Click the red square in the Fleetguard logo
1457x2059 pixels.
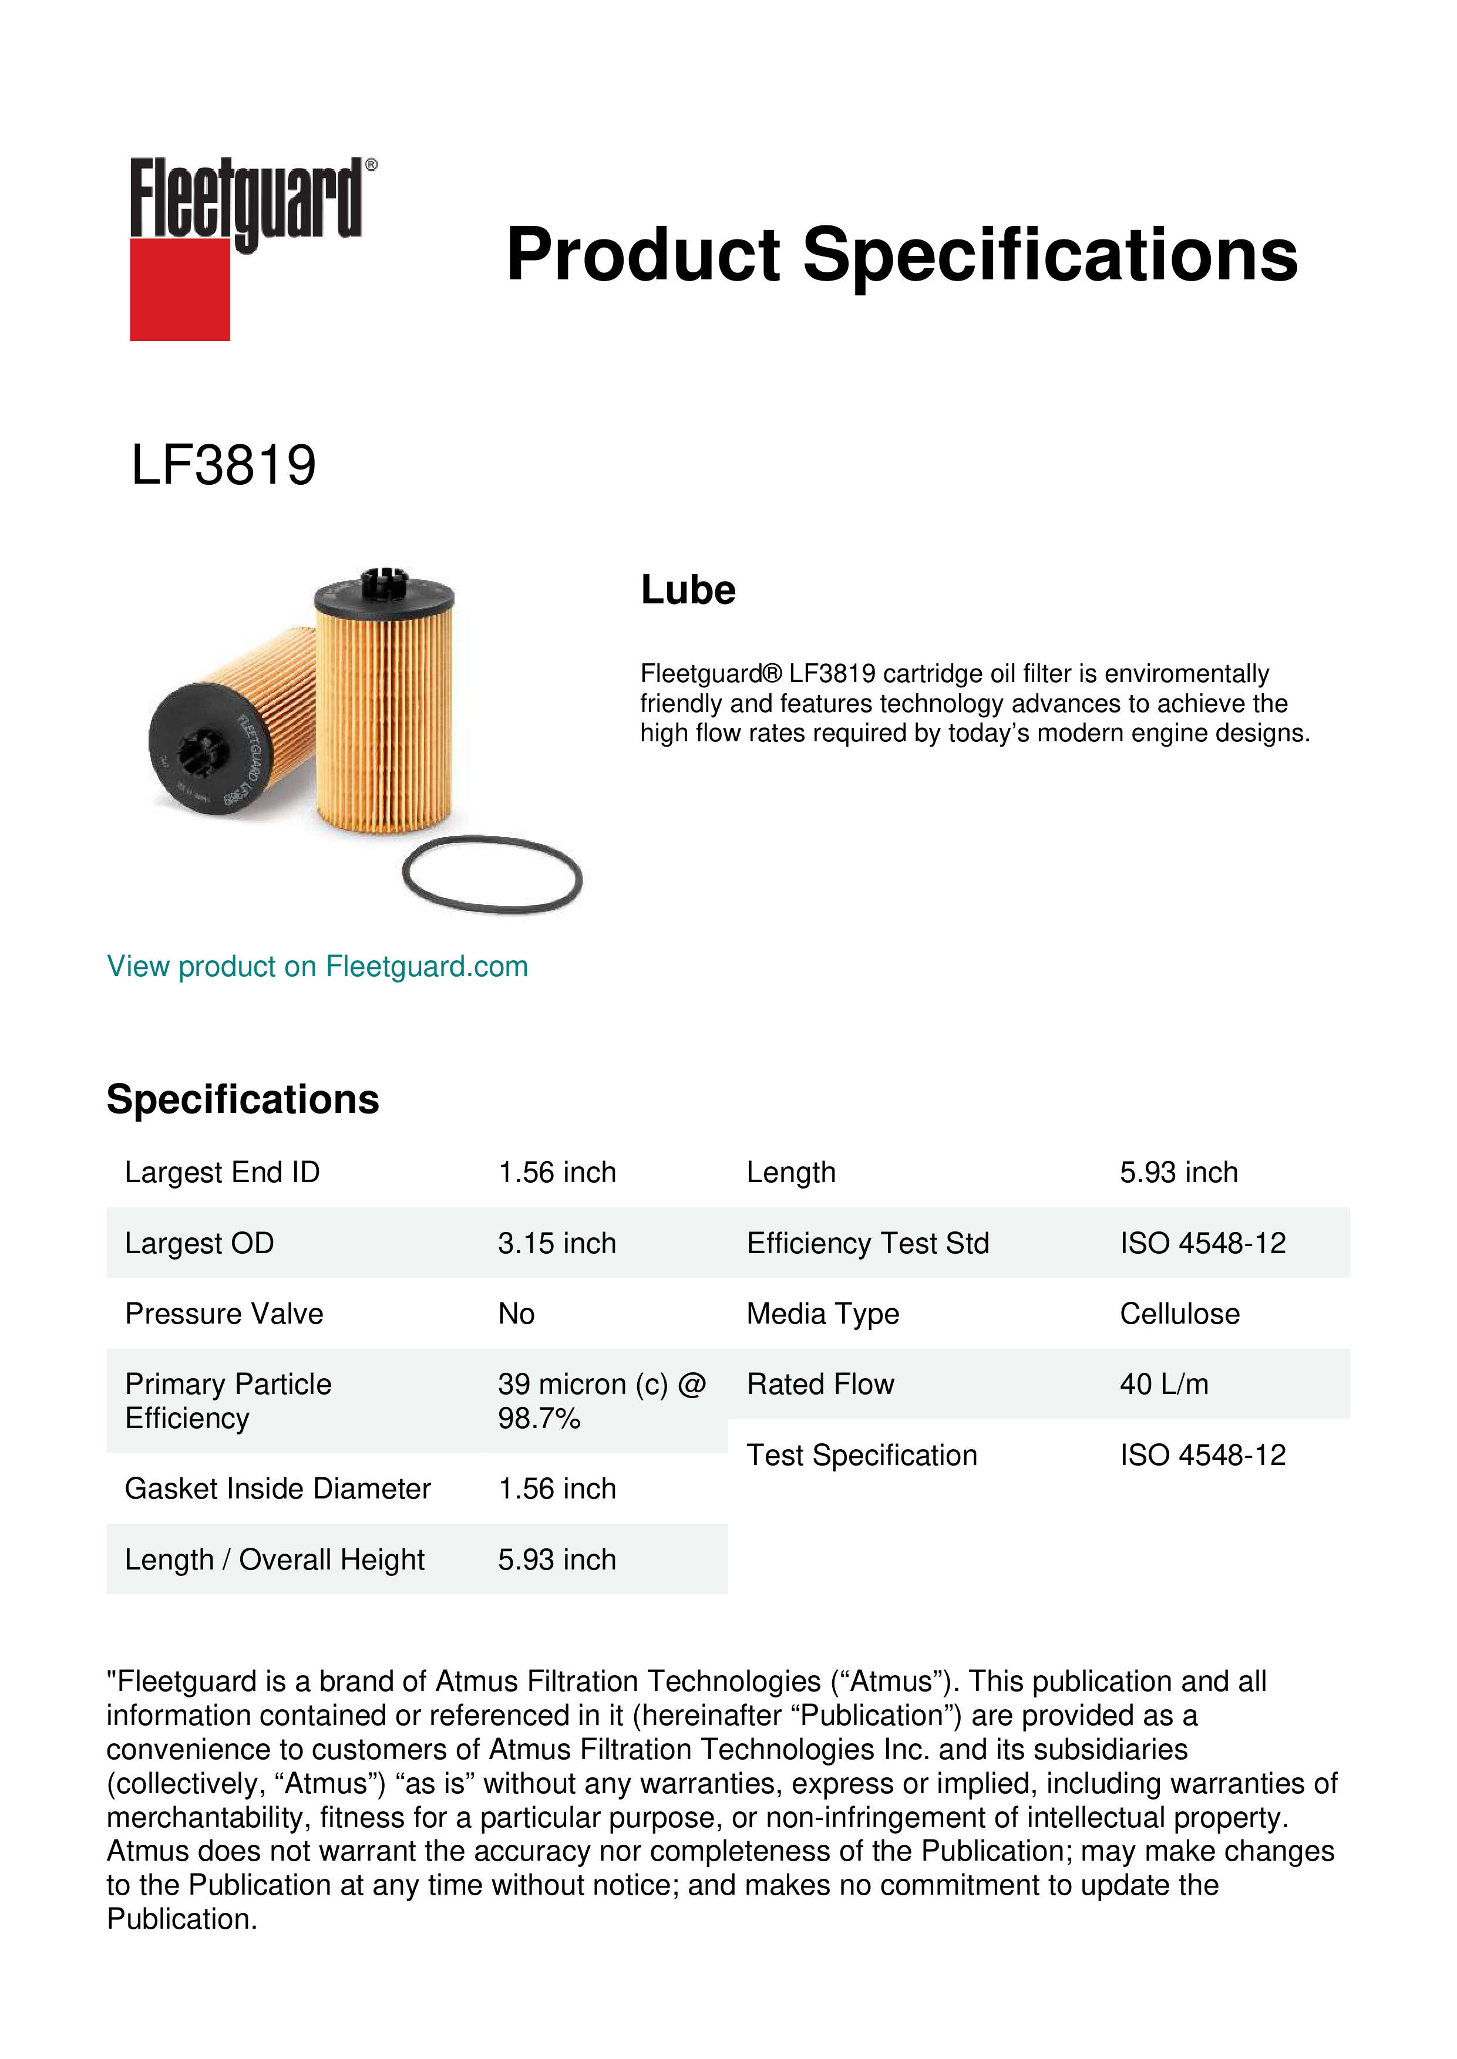[180, 289]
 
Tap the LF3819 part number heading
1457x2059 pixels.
[223, 465]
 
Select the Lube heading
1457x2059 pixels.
[688, 590]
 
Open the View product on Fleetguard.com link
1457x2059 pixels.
[318, 967]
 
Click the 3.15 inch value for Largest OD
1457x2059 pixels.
[557, 1243]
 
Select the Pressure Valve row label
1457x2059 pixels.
[224, 1314]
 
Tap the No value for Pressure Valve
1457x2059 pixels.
[517, 1314]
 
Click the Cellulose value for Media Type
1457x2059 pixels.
[1180, 1314]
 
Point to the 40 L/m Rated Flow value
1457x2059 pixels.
[1163, 1385]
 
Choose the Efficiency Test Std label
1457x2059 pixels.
[867, 1243]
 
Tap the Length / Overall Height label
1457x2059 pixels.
[274, 1560]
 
